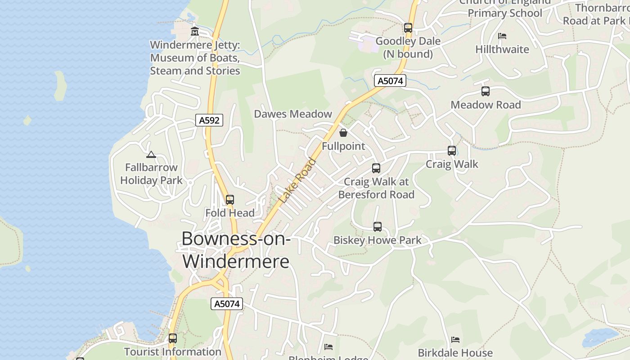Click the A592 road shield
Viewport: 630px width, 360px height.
[x=209, y=120]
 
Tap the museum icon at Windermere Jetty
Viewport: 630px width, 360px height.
[x=195, y=31]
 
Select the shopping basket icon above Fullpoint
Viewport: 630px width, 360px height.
[x=343, y=132]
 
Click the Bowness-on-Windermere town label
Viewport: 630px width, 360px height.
[x=236, y=250]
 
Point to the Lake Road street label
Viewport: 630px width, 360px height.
[x=297, y=180]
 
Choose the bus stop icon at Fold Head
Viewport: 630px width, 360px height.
[x=230, y=199]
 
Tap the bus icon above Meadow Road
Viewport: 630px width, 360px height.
[x=486, y=91]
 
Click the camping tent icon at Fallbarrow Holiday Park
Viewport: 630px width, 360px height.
[x=151, y=154]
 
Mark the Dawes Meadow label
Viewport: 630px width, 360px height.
[x=293, y=114]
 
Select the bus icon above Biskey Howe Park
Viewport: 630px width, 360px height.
[x=378, y=227]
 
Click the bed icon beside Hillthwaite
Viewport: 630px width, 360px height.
[x=502, y=36]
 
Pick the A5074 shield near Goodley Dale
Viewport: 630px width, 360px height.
[x=390, y=81]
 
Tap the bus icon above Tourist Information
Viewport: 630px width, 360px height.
[x=173, y=338]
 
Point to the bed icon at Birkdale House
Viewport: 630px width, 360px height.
[x=455, y=340]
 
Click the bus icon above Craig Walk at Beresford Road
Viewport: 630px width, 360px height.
[x=376, y=168]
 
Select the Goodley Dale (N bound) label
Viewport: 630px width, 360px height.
[x=408, y=48]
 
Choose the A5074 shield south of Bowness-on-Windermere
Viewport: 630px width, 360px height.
[x=227, y=304]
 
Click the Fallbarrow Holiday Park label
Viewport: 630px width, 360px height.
[x=151, y=174]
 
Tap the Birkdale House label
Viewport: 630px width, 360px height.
[x=455, y=352]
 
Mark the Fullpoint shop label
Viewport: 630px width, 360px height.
[x=343, y=146]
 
